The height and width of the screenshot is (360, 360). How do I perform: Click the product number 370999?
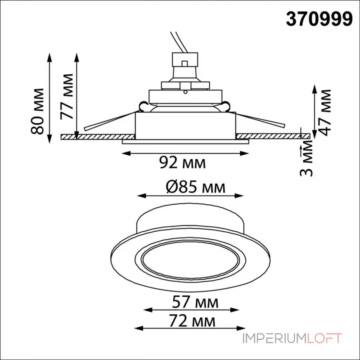319,19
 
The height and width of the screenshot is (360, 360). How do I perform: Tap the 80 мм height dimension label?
37,111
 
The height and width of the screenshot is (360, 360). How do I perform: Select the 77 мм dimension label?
67,97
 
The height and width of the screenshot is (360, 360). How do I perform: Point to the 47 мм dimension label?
324,112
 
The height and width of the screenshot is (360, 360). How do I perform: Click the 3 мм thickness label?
306,158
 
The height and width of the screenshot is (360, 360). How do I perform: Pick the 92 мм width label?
183,163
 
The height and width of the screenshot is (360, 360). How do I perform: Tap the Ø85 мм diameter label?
196,188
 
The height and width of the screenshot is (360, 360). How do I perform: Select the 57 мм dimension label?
195,302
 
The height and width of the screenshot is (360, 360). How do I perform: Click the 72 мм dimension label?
193,321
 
